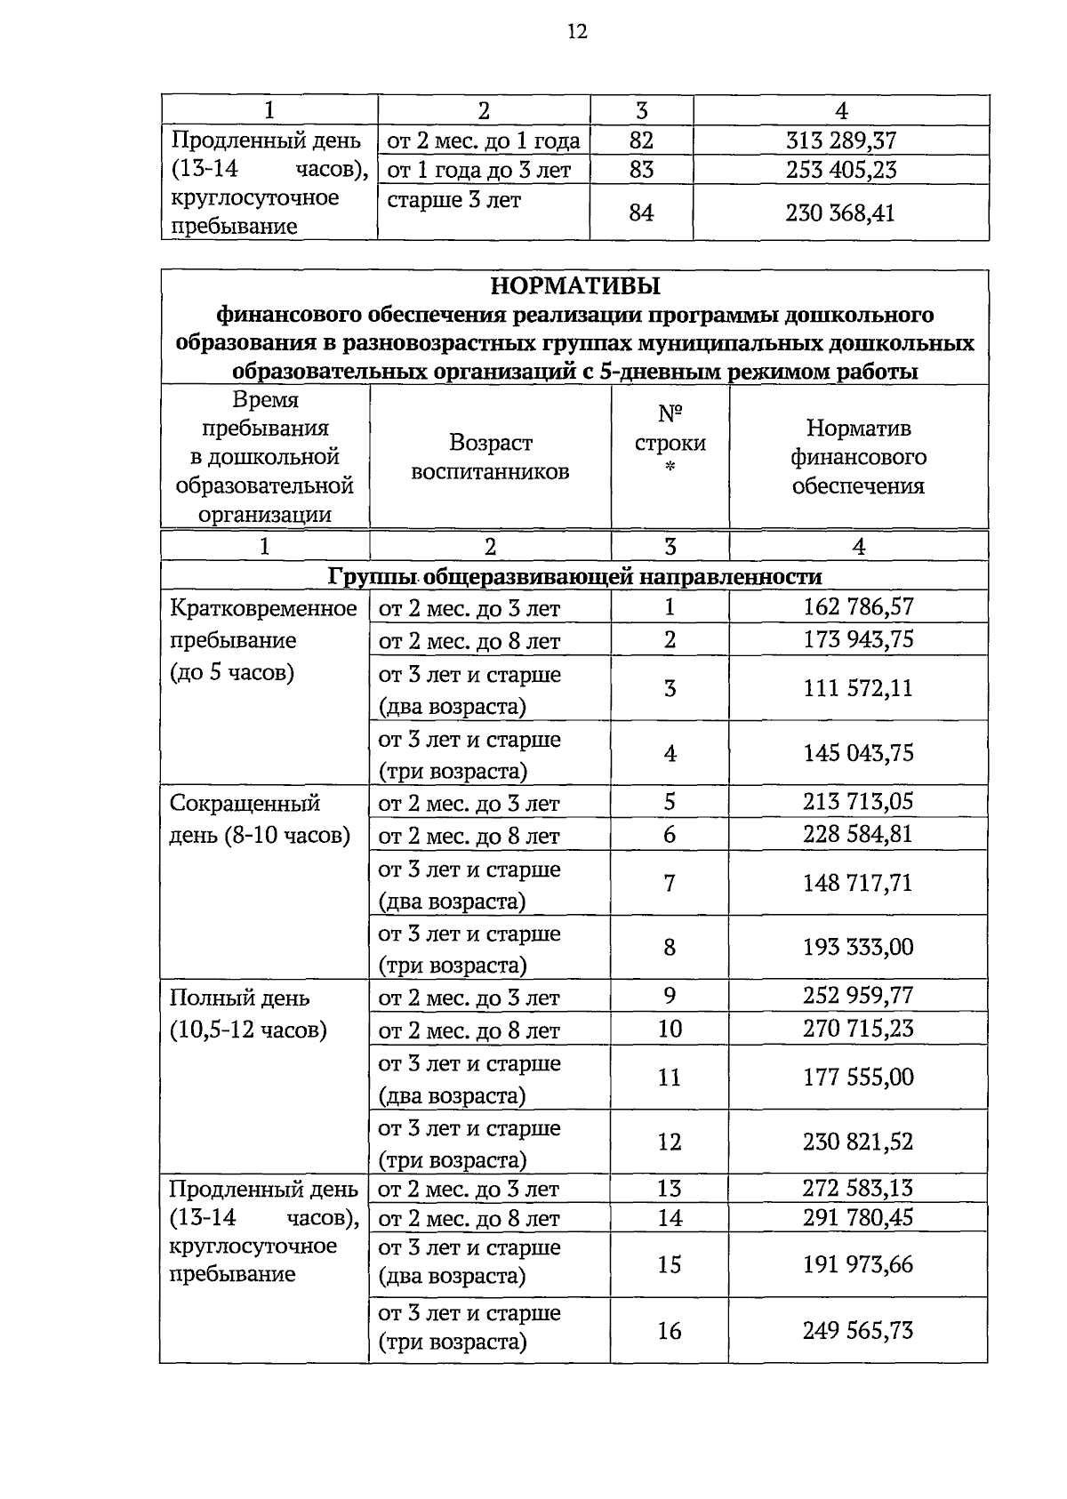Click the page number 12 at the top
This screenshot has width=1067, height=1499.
(576, 33)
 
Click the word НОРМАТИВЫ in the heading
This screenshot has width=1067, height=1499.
(575, 286)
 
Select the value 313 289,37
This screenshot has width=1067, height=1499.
(841, 140)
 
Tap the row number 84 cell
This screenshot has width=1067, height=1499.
(641, 213)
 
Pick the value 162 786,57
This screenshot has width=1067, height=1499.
(858, 607)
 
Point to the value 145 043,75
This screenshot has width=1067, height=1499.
(858, 753)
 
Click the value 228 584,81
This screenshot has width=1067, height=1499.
(858, 834)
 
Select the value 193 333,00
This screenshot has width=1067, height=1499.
(858, 947)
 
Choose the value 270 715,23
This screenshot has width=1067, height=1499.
(858, 1029)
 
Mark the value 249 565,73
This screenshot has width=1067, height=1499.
(858, 1330)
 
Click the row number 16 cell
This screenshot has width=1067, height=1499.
(669, 1330)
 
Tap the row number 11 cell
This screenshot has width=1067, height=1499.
(669, 1078)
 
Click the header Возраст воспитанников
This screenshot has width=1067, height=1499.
(490, 457)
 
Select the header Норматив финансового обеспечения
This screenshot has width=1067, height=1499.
(858, 457)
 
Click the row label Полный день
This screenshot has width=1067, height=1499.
(240, 998)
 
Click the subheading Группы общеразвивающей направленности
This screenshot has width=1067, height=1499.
(574, 577)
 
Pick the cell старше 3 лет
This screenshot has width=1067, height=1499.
(454, 200)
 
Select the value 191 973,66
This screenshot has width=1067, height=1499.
(858, 1264)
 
